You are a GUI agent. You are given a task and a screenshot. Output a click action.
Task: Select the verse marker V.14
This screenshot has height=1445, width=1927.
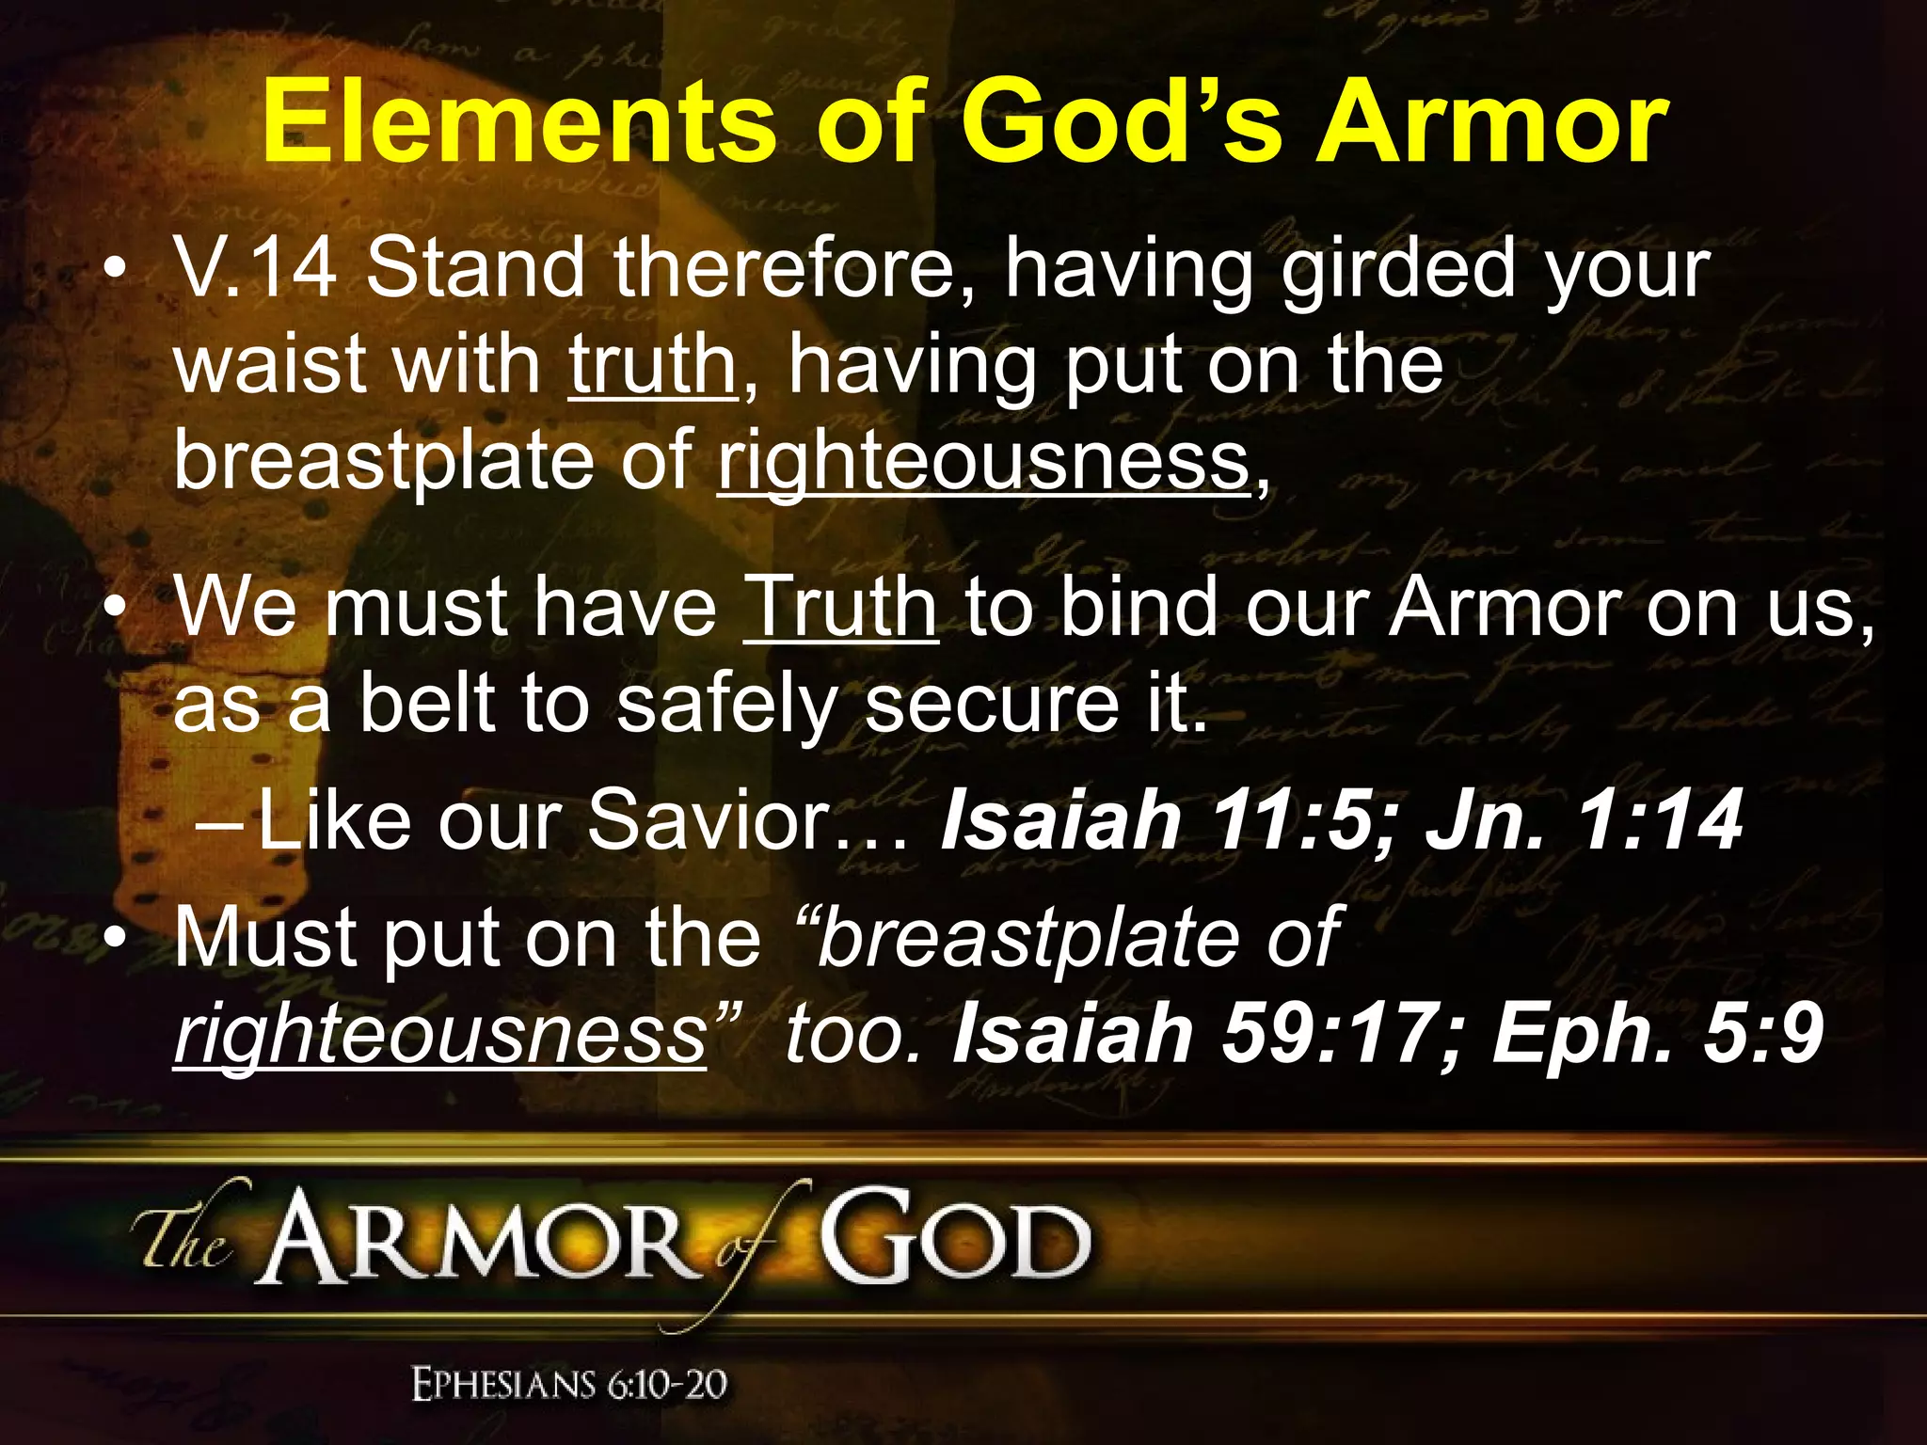pos(255,269)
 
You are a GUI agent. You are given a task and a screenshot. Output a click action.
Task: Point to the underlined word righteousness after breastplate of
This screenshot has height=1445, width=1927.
pos(984,461)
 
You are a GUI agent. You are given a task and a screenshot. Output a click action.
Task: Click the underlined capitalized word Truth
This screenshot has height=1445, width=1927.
pos(841,608)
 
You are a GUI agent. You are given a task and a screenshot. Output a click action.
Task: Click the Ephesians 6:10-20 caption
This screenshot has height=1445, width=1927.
pos(570,1385)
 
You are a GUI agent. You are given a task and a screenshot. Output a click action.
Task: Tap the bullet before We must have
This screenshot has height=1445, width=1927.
pos(115,610)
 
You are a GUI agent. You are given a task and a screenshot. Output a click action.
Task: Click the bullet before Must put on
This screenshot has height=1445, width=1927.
pos(115,938)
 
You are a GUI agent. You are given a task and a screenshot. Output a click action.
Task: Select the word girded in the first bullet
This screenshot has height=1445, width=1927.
pos(1398,269)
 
